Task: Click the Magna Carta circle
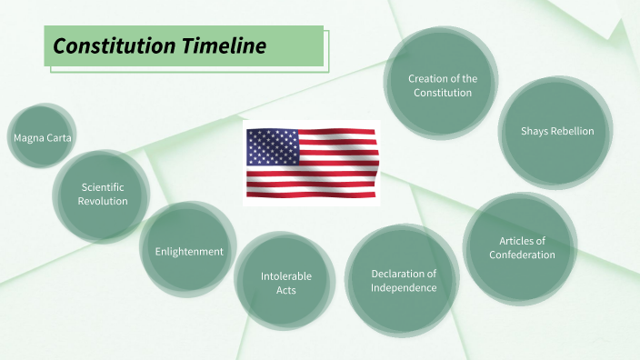43,137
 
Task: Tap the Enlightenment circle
189,251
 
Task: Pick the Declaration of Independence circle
403,281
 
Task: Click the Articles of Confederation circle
521,247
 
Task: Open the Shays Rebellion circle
556,131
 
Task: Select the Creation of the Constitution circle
442,85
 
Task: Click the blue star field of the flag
272,145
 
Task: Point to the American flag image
311,163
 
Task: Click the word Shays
535,131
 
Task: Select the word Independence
404,287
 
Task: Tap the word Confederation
522,255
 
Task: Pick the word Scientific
103,187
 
